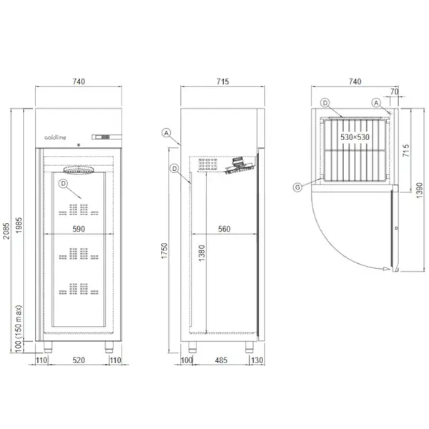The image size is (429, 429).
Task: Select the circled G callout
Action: pos(297,187)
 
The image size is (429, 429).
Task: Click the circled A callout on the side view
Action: pos(166,133)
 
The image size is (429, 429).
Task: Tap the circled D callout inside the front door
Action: pos(63,184)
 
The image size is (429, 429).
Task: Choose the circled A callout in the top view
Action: pos(376,103)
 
